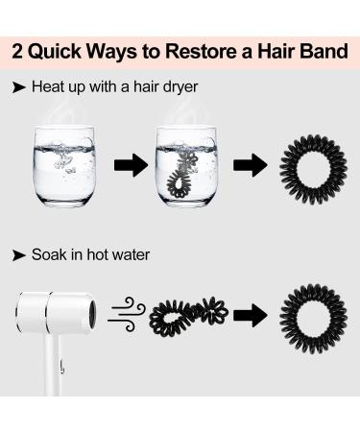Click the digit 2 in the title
tap(20, 49)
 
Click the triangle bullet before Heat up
tap(18, 86)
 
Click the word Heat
tap(48, 86)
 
